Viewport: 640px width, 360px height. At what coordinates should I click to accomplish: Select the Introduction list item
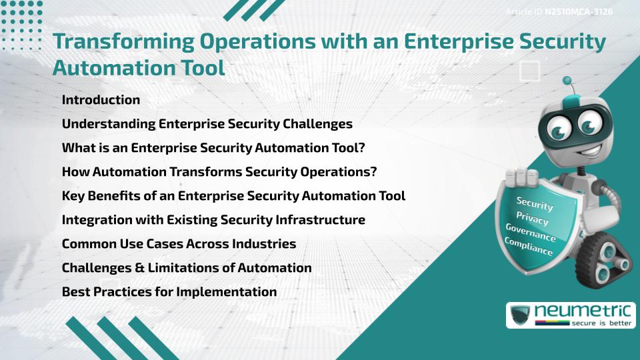pyautogui.click(x=101, y=100)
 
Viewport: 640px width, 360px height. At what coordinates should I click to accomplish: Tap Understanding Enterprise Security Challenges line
pyautogui.click(x=207, y=124)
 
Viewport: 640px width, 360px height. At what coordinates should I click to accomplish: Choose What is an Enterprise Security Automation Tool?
pyautogui.click(x=213, y=148)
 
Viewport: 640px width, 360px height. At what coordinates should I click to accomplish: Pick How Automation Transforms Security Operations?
pyautogui.click(x=219, y=172)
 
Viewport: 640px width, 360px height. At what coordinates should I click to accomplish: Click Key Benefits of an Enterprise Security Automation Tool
pyautogui.click(x=233, y=196)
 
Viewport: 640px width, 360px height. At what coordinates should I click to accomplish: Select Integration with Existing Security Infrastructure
pyautogui.click(x=213, y=220)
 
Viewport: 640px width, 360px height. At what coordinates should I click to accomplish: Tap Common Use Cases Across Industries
pyautogui.click(x=179, y=244)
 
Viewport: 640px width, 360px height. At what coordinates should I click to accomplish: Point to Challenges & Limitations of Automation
pyautogui.click(x=187, y=268)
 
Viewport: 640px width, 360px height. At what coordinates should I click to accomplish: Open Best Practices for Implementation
pyautogui.click(x=169, y=292)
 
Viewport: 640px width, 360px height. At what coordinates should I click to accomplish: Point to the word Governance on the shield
pyautogui.click(x=531, y=233)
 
